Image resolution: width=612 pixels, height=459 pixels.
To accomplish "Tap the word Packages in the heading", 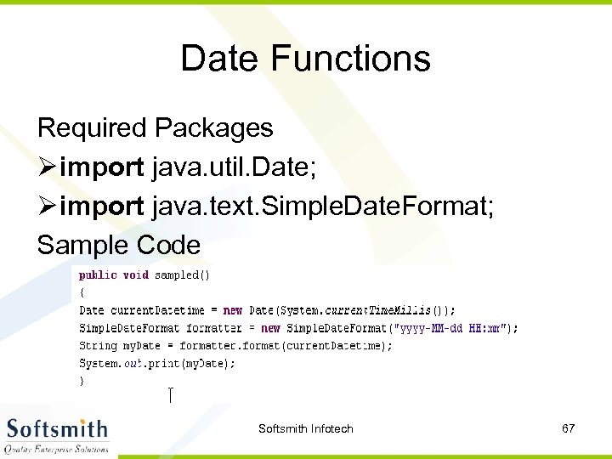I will tap(213, 128).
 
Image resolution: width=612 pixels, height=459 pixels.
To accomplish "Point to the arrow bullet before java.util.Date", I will tap(47, 167).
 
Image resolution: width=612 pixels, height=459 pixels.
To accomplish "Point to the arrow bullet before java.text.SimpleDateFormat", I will tap(47, 207).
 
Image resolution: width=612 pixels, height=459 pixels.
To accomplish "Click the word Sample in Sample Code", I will tap(82, 246).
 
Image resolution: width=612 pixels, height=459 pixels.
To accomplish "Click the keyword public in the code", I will tap(98, 275).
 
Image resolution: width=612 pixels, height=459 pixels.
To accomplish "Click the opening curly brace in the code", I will tap(82, 292).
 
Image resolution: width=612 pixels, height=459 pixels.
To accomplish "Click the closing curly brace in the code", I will tap(82, 382).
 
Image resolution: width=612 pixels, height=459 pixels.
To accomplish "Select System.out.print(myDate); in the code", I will tap(157, 363).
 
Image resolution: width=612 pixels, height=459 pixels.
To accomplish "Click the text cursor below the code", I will tap(171, 394).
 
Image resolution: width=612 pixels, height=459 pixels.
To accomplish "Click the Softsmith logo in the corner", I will tap(56, 435).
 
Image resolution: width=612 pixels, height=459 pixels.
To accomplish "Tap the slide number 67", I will tap(568, 428).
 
